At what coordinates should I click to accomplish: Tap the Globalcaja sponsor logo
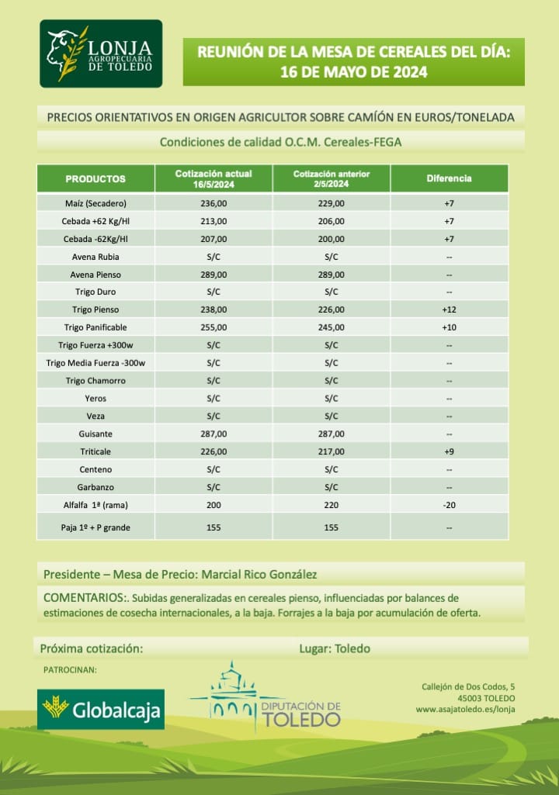[101, 708]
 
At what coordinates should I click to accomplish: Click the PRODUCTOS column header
[95, 178]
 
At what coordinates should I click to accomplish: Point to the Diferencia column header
[449, 178]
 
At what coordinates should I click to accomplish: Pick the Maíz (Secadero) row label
[95, 203]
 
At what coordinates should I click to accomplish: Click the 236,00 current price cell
[214, 203]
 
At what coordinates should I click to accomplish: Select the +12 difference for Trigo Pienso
[449, 309]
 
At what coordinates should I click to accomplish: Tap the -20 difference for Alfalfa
[449, 505]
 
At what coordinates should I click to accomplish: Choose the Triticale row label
[95, 451]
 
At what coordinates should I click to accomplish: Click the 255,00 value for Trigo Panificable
[214, 327]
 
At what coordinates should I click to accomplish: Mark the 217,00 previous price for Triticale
[332, 451]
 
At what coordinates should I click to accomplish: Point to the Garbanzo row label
[95, 487]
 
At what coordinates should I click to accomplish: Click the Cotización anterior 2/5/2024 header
[332, 178]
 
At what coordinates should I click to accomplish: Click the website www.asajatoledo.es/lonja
[465, 709]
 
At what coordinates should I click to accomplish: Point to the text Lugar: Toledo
[335, 648]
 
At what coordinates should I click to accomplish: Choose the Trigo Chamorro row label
[95, 381]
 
